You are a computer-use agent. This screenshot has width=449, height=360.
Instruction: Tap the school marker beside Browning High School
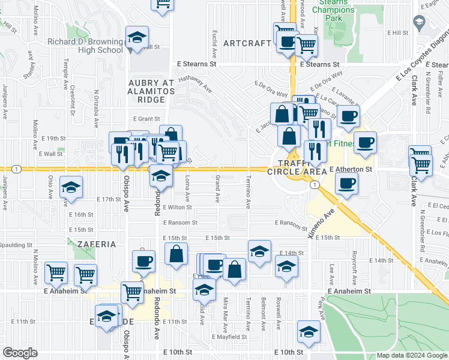137,37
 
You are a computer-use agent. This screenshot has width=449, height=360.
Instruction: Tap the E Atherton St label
351,170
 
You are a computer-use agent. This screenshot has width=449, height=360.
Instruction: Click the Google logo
19,352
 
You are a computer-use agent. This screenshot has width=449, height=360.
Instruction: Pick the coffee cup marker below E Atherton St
346,184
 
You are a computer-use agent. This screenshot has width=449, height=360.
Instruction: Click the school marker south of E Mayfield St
309,332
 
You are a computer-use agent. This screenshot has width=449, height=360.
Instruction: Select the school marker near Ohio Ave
71,188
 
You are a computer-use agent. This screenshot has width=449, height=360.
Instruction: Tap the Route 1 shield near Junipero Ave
16,169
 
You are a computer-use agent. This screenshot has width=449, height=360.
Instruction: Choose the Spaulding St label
16,245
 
